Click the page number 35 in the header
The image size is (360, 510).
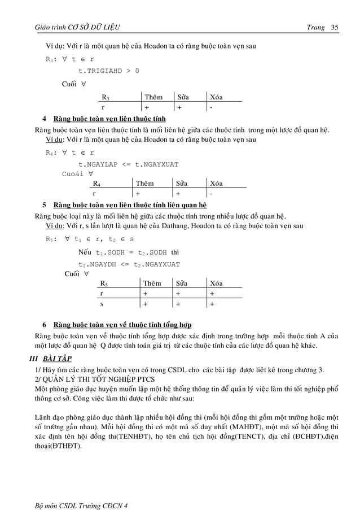pyautogui.click(x=335, y=28)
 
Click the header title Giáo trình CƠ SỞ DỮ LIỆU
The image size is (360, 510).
pyautogui.click(x=77, y=28)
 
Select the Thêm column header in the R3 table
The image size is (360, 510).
pyautogui.click(x=153, y=97)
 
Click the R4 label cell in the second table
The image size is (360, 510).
pyautogui.click(x=96, y=183)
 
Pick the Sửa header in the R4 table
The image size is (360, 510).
pyautogui.click(x=181, y=183)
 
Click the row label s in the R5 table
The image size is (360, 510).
pyautogui.click(x=102, y=304)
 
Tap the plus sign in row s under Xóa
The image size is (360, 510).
pyautogui.click(x=212, y=304)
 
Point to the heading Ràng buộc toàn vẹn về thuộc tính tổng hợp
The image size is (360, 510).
pyautogui.click(x=122, y=325)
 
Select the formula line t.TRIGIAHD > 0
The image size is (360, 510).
pyautogui.click(x=108, y=71)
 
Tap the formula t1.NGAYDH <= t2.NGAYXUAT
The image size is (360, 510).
pyautogui.click(x=129, y=264)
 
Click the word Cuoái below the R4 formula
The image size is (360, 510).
pyautogui.click(x=72, y=173)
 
